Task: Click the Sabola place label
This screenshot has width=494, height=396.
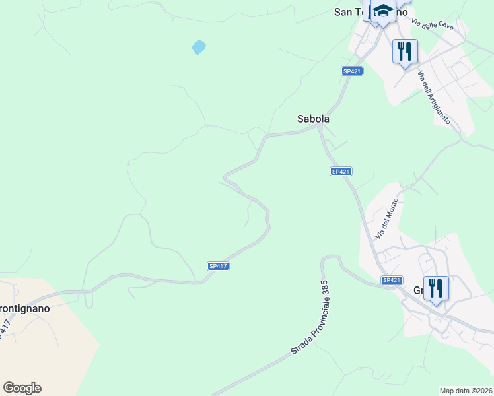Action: coord(313,119)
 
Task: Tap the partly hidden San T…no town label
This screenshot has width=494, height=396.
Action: coord(350,11)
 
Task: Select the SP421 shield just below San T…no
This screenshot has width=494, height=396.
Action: coord(352,71)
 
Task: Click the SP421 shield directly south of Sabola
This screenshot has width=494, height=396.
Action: coord(339,172)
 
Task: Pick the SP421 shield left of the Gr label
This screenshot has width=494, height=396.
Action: coord(392,280)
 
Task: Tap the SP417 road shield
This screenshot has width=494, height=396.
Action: coord(218,266)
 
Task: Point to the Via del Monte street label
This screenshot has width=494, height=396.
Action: coord(388,218)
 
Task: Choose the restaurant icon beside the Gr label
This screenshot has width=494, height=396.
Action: coord(436,288)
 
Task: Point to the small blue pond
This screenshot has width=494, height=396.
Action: coord(198,47)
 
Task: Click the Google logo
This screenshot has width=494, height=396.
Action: coord(22,388)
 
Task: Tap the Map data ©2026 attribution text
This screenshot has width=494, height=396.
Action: coord(466,391)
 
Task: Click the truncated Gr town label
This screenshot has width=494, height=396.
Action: coord(419,290)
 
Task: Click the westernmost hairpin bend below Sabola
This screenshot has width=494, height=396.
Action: coord(226,177)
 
